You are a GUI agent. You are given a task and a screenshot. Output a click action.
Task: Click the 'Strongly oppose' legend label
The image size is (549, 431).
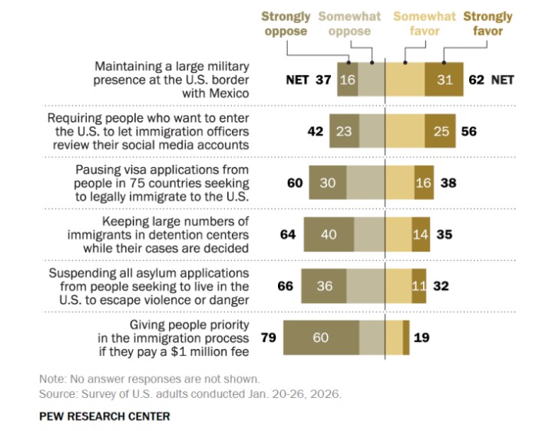286,24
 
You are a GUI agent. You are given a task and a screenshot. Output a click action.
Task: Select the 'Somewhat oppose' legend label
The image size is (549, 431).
345,24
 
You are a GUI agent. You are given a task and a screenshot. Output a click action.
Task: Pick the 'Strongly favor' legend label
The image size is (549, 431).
488,24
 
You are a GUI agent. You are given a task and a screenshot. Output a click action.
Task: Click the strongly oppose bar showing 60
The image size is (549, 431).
321,337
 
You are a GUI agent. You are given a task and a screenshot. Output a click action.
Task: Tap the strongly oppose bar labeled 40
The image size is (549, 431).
329,234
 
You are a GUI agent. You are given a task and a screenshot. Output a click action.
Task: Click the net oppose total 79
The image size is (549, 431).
269,337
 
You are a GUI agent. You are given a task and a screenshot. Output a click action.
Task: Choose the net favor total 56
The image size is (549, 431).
469,131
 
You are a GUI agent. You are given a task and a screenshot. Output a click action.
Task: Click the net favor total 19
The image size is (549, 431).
422,337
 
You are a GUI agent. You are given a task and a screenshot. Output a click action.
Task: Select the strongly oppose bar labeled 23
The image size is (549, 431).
344,131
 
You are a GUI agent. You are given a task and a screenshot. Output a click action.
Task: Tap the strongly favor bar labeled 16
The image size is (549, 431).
422,183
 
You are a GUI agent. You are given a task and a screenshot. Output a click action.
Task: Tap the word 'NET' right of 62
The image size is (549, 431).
502,79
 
